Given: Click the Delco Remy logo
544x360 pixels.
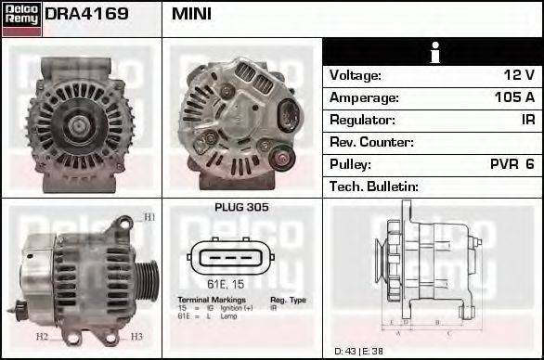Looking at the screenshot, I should (21, 18).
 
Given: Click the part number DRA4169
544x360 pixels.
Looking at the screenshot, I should (86, 15).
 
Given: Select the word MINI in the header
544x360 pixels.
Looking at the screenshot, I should (191, 15).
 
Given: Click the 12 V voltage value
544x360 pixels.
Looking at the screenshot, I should (519, 75).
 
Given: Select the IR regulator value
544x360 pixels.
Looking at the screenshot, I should (527, 120).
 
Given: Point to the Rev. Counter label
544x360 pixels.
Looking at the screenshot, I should (371, 142).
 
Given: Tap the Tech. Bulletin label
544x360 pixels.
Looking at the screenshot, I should (374, 186).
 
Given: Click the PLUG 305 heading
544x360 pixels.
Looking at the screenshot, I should (241, 208).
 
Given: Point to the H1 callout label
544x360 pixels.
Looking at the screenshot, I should (149, 218).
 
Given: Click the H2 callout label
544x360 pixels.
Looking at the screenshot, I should (41, 336).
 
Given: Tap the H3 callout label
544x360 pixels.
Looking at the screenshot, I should (136, 336).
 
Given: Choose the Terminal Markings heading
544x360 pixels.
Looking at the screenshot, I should (212, 301).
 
